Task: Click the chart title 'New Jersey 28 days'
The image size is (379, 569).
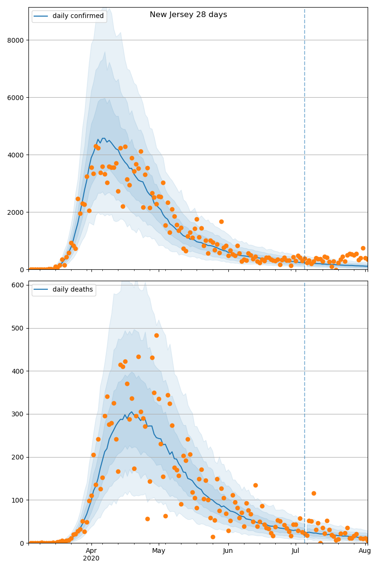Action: tap(188, 15)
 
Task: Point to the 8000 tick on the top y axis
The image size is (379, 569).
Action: tap(17, 40)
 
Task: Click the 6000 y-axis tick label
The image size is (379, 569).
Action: tap(17, 98)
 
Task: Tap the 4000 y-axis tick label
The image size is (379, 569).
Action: tap(17, 155)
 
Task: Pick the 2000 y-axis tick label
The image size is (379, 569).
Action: tap(17, 212)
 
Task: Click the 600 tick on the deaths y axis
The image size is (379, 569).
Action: tap(18, 285)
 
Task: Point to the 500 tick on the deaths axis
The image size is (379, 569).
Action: tap(18, 328)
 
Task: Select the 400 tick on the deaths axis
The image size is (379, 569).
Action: tap(18, 371)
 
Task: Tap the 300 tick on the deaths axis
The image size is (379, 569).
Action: tap(18, 414)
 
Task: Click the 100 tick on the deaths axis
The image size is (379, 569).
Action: tap(18, 500)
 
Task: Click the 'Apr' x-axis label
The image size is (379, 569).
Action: tap(91, 551)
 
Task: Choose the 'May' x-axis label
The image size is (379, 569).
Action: tap(159, 551)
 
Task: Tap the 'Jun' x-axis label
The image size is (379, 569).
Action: tap(228, 551)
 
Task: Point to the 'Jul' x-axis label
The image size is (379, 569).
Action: tap(296, 551)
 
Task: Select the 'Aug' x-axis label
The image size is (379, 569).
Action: tap(364, 551)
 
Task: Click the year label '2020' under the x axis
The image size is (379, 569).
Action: tap(91, 559)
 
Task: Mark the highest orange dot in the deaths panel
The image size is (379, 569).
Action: tap(156, 335)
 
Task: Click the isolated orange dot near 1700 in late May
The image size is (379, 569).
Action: tap(221, 221)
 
